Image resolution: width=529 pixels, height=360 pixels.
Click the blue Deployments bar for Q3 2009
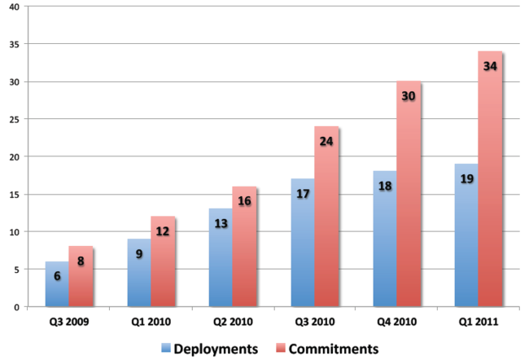click(x=57, y=284)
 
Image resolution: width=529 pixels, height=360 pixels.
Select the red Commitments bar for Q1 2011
click(x=490, y=179)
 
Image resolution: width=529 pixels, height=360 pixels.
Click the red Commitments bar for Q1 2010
click(x=163, y=261)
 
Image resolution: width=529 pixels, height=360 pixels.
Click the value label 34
click(x=490, y=66)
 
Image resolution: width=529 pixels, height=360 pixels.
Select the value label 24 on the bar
click(x=326, y=140)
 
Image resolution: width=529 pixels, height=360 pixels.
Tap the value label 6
click(x=57, y=276)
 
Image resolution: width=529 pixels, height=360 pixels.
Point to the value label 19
click(x=466, y=178)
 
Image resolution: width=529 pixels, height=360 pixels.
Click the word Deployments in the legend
click(x=216, y=349)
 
